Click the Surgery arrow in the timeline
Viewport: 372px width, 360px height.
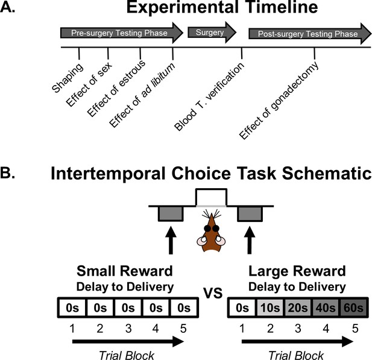pyautogui.click(x=212, y=33)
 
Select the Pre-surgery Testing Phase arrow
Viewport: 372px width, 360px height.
pyautogui.click(x=122, y=33)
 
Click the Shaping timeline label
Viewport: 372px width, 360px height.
pyautogui.click(x=68, y=78)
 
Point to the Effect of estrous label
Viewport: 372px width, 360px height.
pyautogui.click(x=116, y=88)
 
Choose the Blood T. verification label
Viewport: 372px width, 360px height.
pyautogui.click(x=209, y=96)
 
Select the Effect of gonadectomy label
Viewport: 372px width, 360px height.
pyautogui.click(x=279, y=100)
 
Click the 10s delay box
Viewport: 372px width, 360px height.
pyautogui.click(x=270, y=308)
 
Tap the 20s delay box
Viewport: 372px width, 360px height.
pyautogui.click(x=298, y=308)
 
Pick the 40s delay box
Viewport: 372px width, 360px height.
pyautogui.click(x=326, y=308)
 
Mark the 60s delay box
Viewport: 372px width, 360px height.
pyautogui.click(x=354, y=308)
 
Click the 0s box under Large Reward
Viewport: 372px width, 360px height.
pyautogui.click(x=242, y=308)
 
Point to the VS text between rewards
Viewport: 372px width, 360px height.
pyautogui.click(x=213, y=293)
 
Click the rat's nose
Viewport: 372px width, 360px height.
pyautogui.click(x=212, y=216)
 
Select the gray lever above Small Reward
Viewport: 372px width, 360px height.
pyautogui.click(x=171, y=213)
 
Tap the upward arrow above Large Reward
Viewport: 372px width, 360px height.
pyautogui.click(x=250, y=240)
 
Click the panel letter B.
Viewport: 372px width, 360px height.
pyautogui.click(x=7, y=173)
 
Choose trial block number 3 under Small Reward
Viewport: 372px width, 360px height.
pyautogui.click(x=128, y=329)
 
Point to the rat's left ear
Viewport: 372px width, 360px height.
pyautogui.click(x=201, y=241)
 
